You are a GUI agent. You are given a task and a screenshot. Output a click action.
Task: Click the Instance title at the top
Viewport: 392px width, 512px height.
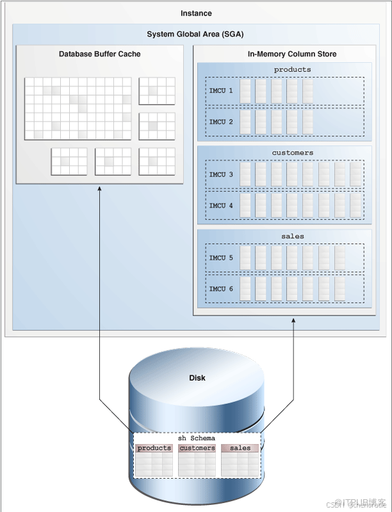coord(196,13)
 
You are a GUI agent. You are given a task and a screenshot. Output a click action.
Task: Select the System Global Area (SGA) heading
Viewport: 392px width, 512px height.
coord(195,35)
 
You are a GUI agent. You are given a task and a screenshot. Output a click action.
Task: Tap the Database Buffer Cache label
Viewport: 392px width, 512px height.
coord(99,54)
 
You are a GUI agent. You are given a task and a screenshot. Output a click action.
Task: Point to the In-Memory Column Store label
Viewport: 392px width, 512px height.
coord(283,54)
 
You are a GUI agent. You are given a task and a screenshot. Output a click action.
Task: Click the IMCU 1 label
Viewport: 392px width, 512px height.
coord(221,91)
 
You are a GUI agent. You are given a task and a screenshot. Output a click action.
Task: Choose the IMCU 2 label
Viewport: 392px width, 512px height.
coord(221,122)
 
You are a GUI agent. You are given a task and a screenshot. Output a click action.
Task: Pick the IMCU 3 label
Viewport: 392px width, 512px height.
coord(221,175)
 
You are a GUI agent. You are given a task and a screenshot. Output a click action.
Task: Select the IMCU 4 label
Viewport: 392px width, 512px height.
coord(221,205)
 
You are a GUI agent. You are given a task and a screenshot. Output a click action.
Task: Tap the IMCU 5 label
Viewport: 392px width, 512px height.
coord(221,258)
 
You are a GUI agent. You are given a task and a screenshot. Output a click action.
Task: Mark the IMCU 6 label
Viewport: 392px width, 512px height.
coord(221,289)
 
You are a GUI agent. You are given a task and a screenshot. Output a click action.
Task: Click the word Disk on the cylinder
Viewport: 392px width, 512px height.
coord(197,378)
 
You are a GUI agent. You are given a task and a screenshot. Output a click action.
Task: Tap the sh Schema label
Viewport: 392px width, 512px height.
coord(196,438)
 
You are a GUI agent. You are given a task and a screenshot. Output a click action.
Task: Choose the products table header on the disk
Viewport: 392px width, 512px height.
coord(154,448)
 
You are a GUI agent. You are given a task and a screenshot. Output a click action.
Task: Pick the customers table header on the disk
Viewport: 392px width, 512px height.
coord(197,448)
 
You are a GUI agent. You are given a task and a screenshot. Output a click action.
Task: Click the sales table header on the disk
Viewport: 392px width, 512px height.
coord(240,448)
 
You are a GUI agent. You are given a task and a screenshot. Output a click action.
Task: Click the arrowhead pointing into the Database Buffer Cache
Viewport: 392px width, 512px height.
coord(99,188)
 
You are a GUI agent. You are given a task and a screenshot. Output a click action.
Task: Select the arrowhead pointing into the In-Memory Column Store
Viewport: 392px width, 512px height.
coord(293,318)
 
